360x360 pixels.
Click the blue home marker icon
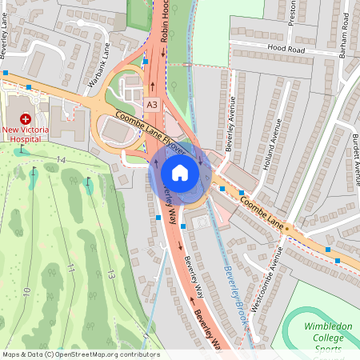180,172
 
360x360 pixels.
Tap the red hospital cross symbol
25,117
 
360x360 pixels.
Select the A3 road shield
152,105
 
